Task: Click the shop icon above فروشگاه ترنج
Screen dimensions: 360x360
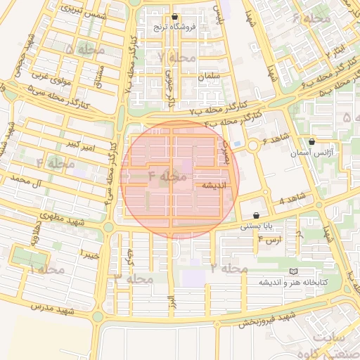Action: (174, 16)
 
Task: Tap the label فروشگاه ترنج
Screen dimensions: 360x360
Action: (174, 27)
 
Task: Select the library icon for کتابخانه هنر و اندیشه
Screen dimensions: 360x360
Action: (293, 271)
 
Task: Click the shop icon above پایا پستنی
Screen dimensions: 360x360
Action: (255, 215)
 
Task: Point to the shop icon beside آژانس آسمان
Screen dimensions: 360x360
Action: (312, 141)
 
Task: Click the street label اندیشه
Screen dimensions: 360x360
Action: (214, 186)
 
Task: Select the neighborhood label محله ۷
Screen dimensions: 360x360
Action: (176, 57)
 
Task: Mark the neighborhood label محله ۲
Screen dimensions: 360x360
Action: (226, 269)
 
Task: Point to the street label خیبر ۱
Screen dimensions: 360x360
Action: (90, 252)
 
